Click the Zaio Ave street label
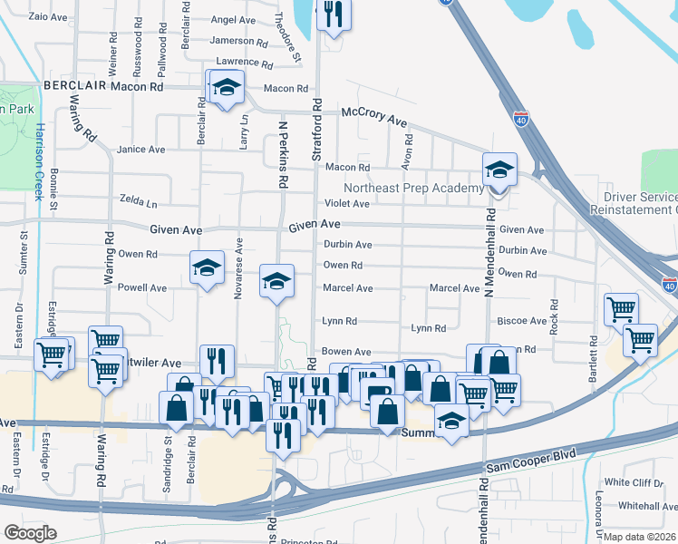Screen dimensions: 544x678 click(x=49, y=16)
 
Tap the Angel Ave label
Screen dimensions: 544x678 click(x=233, y=20)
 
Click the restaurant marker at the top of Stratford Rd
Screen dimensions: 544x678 click(x=333, y=15)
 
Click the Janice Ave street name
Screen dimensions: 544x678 click(x=140, y=150)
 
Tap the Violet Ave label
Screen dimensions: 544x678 click(x=347, y=204)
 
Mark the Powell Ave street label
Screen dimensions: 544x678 click(x=142, y=288)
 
